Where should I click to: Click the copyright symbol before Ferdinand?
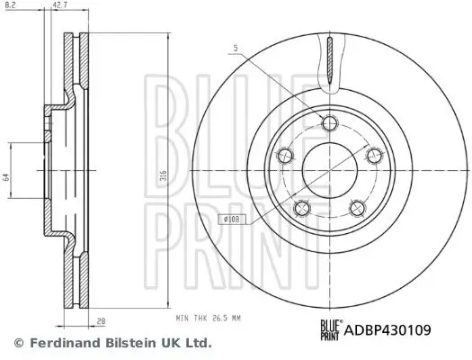[x=19, y=343]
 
